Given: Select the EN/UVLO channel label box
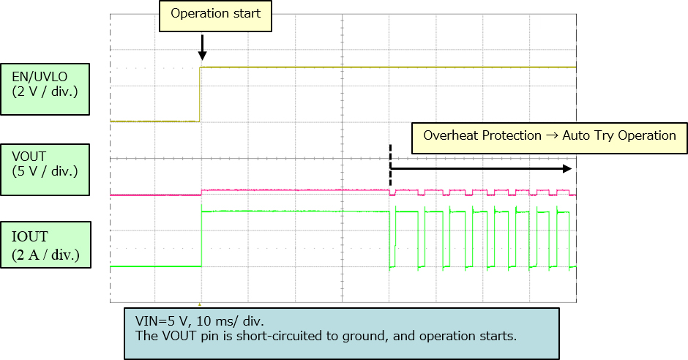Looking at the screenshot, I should [45, 89].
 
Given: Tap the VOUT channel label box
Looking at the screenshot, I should [45, 169].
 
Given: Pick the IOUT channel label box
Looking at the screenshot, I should [45, 246].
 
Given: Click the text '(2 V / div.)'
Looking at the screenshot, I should [45, 91].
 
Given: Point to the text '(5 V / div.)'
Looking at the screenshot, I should [45, 171].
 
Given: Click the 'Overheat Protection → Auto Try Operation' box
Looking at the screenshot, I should [550, 137].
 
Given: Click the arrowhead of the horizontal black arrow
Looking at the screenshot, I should [567, 168].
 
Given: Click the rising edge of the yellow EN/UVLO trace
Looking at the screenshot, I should [201, 94].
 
